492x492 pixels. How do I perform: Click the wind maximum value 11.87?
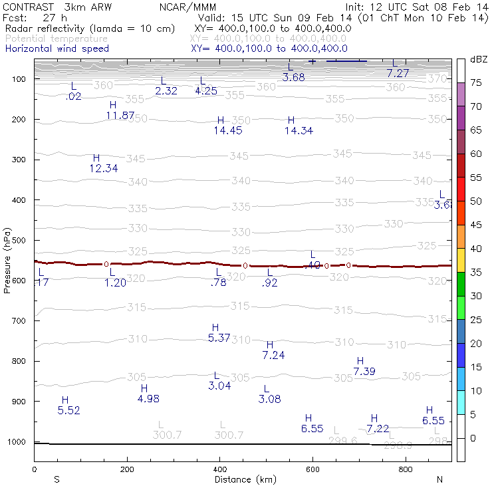[120, 116]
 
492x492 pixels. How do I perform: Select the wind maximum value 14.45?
[227, 131]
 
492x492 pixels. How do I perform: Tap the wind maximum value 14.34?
[299, 131]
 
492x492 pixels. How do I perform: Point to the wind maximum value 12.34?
[103, 169]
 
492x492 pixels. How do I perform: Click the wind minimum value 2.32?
[166, 91]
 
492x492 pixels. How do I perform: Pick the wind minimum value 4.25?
[206, 91]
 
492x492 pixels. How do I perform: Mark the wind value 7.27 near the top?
[398, 73]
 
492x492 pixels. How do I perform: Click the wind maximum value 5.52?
[68, 411]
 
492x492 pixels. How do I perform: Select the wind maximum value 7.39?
[365, 372]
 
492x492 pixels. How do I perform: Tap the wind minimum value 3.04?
[219, 386]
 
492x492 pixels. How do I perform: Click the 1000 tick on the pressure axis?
[19, 442]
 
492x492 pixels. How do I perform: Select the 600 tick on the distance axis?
[312, 469]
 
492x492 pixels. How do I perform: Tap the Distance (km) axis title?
[242, 479]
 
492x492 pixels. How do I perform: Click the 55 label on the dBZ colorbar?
[475, 178]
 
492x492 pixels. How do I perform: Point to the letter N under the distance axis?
[440, 479]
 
